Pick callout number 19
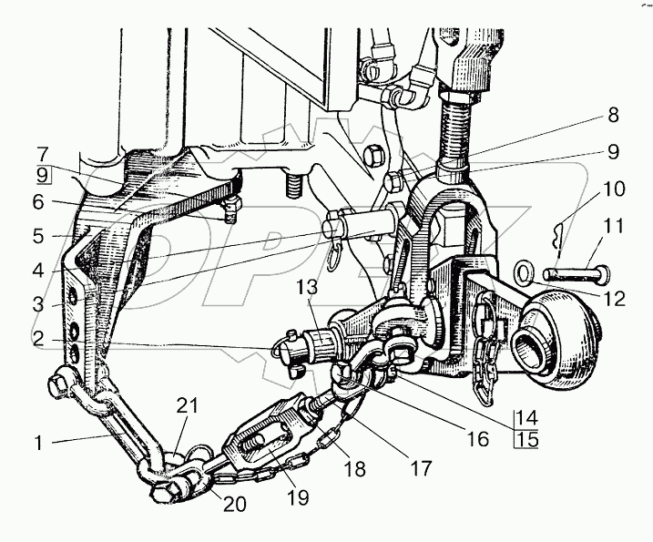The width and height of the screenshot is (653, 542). click(298, 497)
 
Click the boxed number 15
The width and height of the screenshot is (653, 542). click(526, 439)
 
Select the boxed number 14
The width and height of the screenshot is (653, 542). click(526, 419)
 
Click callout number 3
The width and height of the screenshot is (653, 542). click(37, 303)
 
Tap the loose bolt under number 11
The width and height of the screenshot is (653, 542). click(573, 271)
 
